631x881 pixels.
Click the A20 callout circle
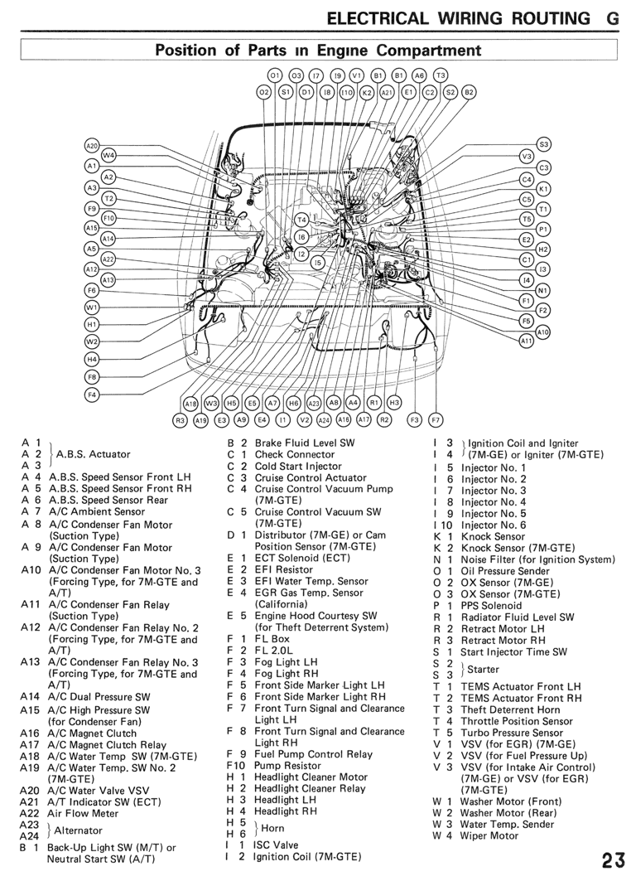click(x=92, y=146)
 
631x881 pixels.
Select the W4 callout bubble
click(x=108, y=155)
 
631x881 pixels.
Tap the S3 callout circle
click(x=543, y=144)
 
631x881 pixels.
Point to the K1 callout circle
click(x=543, y=189)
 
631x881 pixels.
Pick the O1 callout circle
click(x=275, y=75)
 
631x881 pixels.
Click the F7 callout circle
click(x=435, y=419)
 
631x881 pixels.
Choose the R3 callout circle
click(x=180, y=419)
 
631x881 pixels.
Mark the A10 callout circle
click(x=543, y=332)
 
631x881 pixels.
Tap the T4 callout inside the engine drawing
click(x=301, y=220)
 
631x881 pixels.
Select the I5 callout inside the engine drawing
click(x=318, y=261)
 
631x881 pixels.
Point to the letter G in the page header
click(x=613, y=18)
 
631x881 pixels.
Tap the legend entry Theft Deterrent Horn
click(x=510, y=709)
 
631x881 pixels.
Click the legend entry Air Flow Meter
click(x=83, y=814)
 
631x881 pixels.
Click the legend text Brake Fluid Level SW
click(x=305, y=443)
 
